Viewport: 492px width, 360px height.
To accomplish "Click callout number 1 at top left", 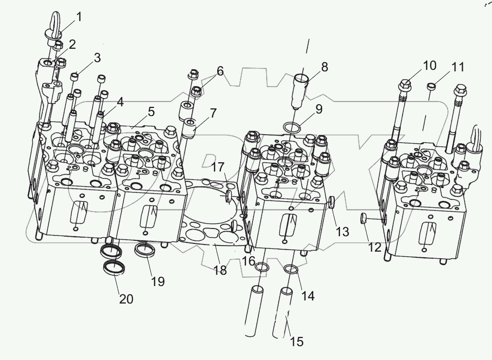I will click(x=79, y=17).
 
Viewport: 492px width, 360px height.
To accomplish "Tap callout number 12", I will click(x=374, y=248).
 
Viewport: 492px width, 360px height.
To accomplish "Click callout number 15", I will click(x=296, y=341).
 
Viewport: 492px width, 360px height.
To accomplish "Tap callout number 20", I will click(x=126, y=298).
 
